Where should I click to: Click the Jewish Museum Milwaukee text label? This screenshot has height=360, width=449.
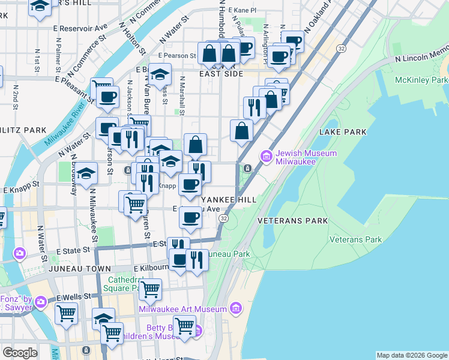click(x=306, y=157)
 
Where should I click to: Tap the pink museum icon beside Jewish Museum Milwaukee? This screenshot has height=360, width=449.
click(x=266, y=157)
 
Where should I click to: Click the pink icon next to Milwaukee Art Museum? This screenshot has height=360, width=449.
click(x=236, y=309)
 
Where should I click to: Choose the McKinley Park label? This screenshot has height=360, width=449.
click(x=421, y=80)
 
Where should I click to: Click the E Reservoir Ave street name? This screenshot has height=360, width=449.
click(x=80, y=28)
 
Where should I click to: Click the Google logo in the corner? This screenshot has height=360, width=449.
click(x=20, y=353)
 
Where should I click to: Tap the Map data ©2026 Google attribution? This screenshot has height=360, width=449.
click(x=412, y=355)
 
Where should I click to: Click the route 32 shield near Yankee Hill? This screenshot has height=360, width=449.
click(x=223, y=219)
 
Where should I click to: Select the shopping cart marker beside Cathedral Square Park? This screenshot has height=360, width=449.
click(x=150, y=290)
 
